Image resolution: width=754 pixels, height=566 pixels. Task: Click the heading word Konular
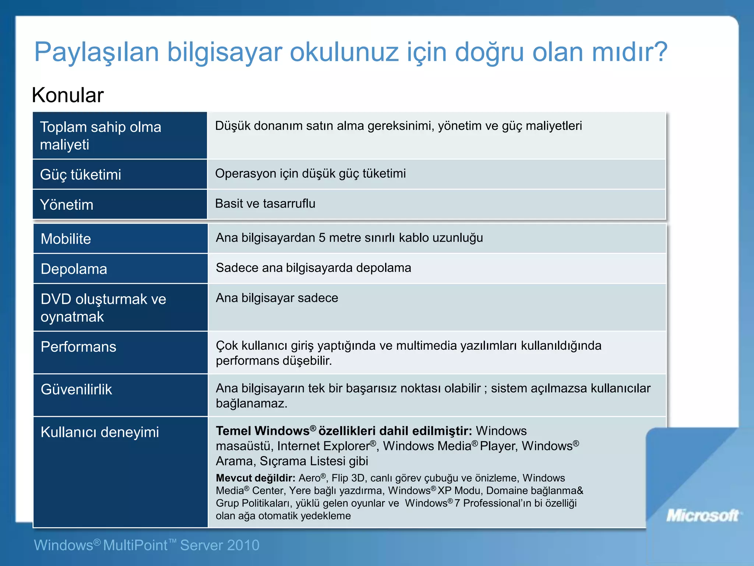pyautogui.click(x=68, y=95)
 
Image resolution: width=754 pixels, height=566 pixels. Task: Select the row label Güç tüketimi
pyautogui.click(x=81, y=175)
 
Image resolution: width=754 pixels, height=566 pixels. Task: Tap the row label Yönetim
pyautogui.click(x=67, y=205)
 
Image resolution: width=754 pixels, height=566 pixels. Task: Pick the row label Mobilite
pyautogui.click(x=66, y=239)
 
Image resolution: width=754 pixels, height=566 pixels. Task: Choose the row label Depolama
pyautogui.click(x=74, y=269)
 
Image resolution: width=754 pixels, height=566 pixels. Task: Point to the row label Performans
pyautogui.click(x=78, y=347)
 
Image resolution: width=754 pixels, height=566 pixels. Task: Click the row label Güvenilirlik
pyautogui.click(x=76, y=389)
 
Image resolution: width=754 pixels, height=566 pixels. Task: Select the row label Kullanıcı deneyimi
pyautogui.click(x=100, y=432)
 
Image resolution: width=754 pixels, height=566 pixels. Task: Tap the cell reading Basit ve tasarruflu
pyautogui.click(x=265, y=203)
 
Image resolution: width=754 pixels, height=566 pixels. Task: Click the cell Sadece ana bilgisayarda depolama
pyautogui.click(x=313, y=268)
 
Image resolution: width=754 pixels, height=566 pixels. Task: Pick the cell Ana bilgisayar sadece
pyautogui.click(x=277, y=298)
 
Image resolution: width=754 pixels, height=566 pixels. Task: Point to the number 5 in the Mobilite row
pyautogui.click(x=322, y=238)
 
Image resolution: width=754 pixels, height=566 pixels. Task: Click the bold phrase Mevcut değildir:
pyautogui.click(x=256, y=478)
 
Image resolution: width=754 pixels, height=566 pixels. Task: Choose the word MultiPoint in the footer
pyautogui.click(x=135, y=545)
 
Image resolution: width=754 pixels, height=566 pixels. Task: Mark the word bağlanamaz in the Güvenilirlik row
pyautogui.click(x=250, y=404)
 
